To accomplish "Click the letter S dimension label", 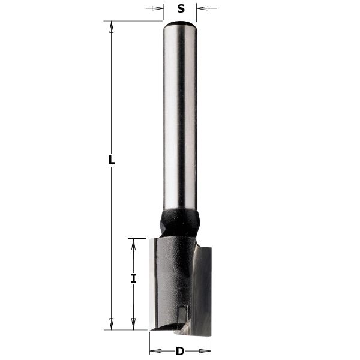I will pos(181,8).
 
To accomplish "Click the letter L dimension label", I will pos(111,160).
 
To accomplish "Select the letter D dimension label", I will pos(179,351).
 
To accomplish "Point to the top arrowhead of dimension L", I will pos(111,25).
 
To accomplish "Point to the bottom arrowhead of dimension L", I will pos(111,325).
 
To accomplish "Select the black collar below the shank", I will pos(180,223).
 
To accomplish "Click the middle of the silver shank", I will pos(181,120).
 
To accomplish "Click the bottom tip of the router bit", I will pos(180,331).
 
